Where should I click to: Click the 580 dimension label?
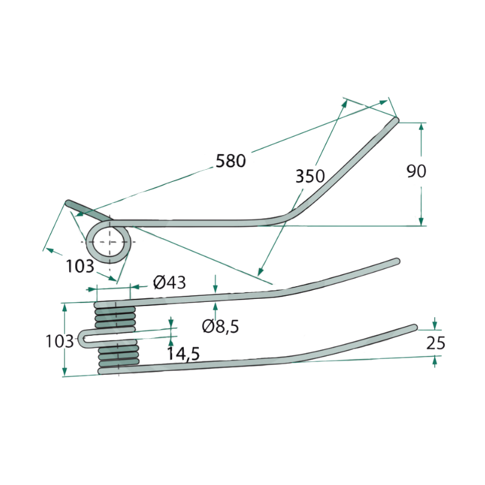click(231, 161)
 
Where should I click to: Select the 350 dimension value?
click(310, 176)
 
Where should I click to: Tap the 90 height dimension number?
click(416, 171)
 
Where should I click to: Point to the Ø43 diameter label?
click(170, 282)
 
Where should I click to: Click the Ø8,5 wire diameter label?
click(221, 326)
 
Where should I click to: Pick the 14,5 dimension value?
click(184, 353)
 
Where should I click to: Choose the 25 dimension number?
click(435, 343)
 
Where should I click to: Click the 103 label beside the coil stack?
click(59, 341)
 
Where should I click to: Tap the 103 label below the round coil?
click(80, 266)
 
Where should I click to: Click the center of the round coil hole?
click(109, 241)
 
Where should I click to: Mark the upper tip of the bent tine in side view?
click(396, 119)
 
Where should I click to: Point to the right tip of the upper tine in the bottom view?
click(397, 261)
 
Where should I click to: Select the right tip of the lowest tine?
click(415, 327)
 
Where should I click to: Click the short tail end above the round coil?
click(68, 203)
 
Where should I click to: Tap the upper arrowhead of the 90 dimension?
click(421, 127)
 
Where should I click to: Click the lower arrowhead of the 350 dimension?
click(261, 271)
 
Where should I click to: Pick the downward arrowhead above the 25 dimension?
click(435, 326)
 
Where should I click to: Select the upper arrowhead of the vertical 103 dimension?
click(65, 307)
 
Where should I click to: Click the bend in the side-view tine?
click(286, 216)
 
